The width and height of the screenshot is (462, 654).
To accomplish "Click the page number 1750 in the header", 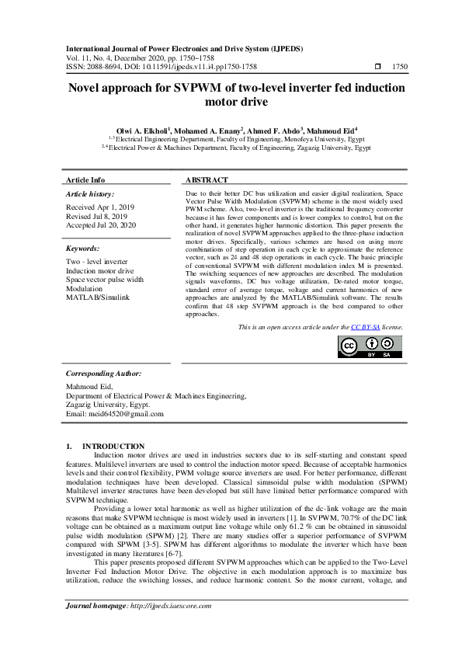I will click(x=399, y=68).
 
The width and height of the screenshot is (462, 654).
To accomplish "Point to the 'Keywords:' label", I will click(x=83, y=249).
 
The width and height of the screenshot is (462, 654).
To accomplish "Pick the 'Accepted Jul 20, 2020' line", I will click(x=101, y=225).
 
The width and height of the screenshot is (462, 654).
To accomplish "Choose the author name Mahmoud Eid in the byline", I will click(x=331, y=130).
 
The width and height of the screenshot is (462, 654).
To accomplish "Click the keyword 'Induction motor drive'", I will click(x=100, y=271).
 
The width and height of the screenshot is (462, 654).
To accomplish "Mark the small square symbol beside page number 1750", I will click(x=377, y=68).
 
